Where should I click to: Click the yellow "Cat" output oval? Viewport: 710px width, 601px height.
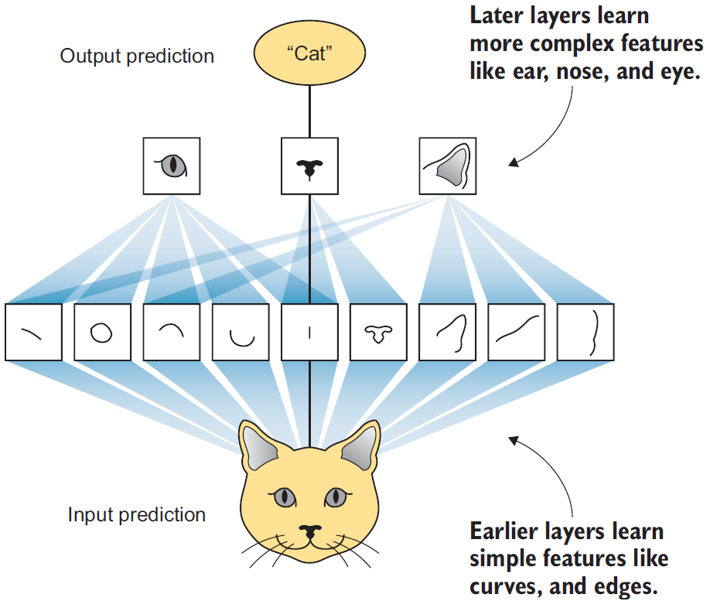309,55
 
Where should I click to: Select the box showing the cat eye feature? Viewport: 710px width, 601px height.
172,166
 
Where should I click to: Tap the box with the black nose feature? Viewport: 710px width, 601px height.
309,166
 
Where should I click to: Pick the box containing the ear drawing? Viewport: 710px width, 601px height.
447,166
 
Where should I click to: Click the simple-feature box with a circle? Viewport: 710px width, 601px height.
102,333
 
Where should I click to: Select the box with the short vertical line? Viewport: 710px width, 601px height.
309,333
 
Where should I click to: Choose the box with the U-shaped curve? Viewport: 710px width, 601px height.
241,333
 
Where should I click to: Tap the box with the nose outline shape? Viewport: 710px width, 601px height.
378,333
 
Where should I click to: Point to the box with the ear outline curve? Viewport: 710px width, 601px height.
447,333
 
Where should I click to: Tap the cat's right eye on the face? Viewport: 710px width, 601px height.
335,497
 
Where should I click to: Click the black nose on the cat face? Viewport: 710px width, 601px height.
309,531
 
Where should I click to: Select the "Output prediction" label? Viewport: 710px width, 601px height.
137,56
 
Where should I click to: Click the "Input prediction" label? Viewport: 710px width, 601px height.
137,514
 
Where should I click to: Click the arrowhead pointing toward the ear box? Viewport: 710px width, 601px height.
513,162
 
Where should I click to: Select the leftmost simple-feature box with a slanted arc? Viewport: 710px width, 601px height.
33,333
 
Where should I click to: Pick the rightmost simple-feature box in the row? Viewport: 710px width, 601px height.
585,333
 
